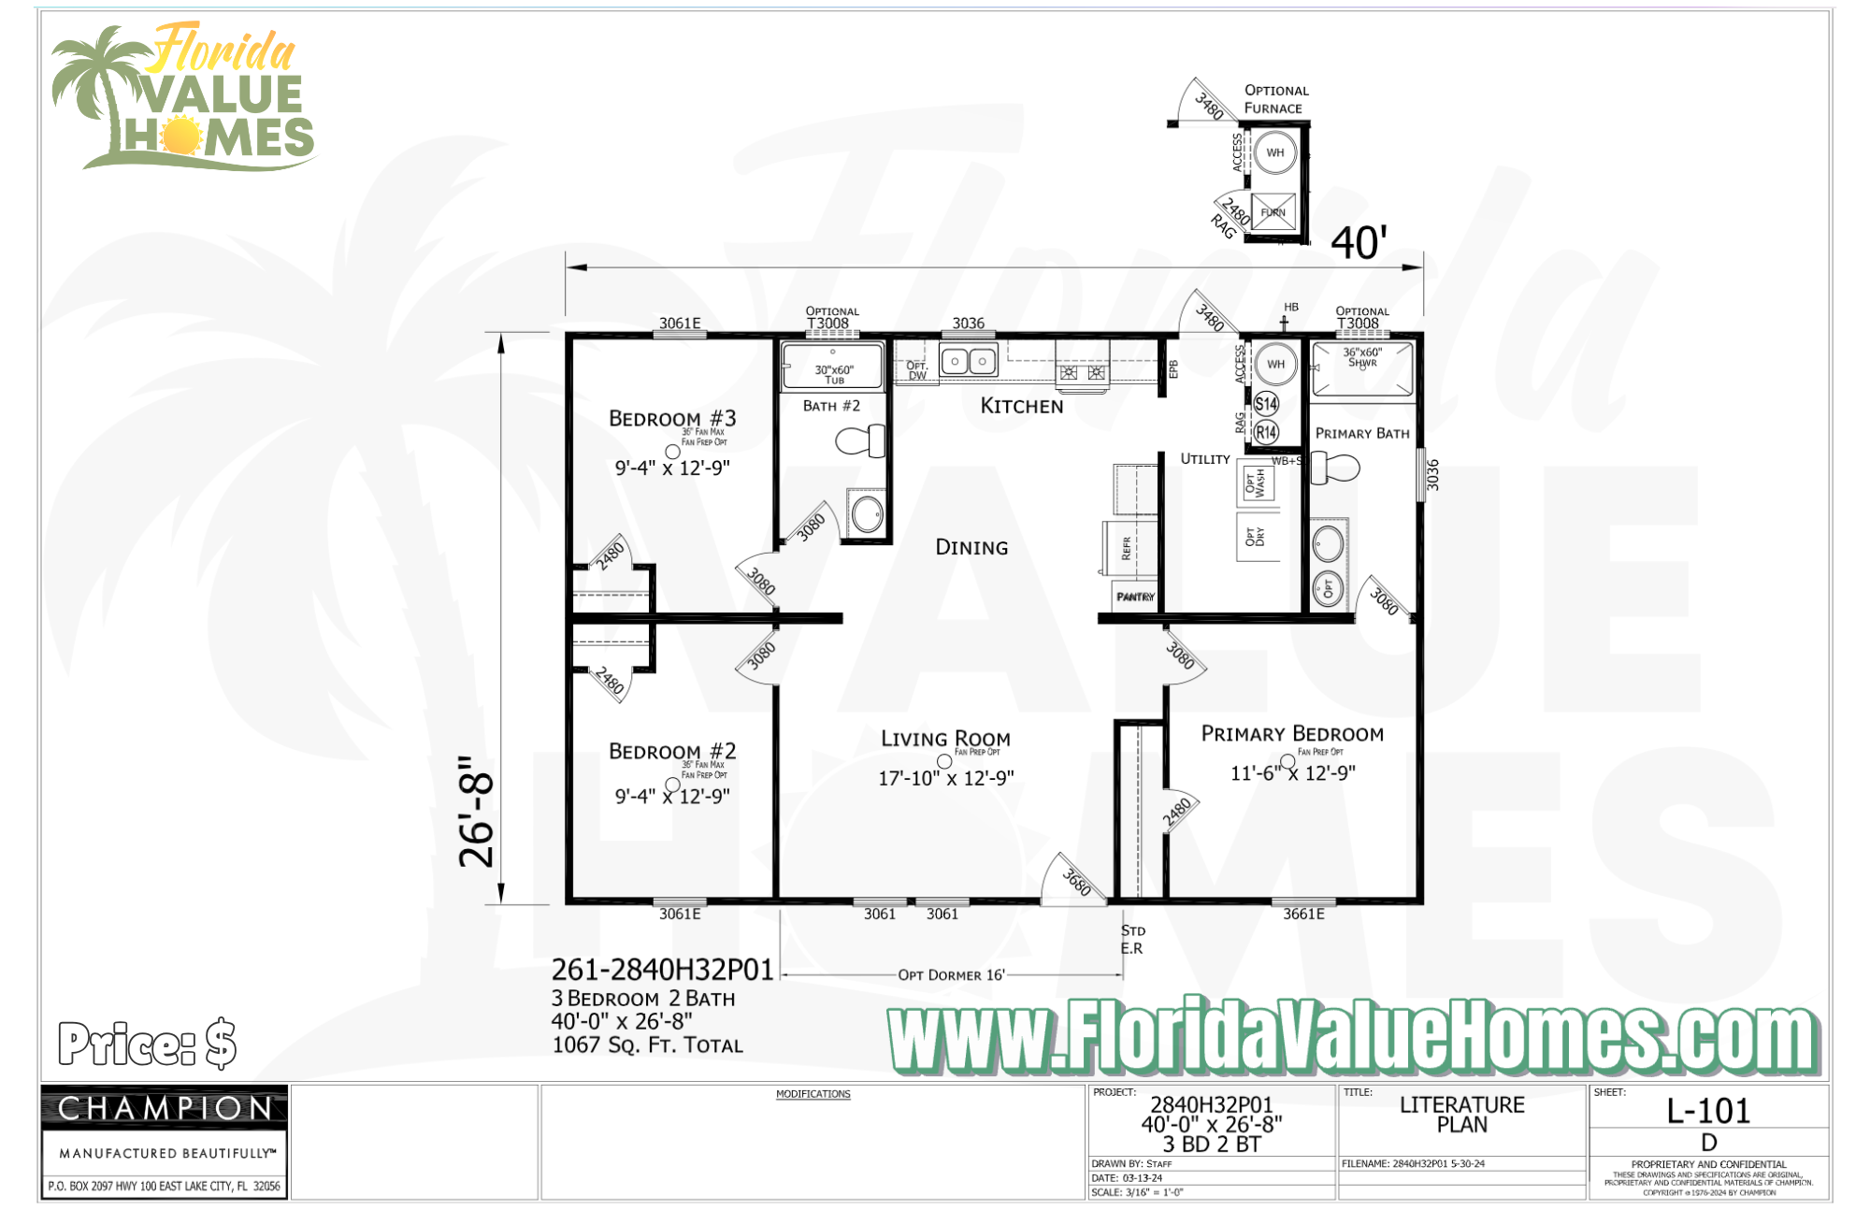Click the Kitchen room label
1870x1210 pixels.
coord(1021,406)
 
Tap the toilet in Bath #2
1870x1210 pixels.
coord(862,440)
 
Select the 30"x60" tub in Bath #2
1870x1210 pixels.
coord(832,366)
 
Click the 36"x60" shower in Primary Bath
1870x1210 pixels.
coord(1362,369)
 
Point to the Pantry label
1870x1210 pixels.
coord(1135,597)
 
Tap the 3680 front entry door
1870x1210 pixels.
coord(1075,880)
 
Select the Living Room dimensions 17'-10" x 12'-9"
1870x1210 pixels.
coord(945,778)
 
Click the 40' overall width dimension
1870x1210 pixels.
coord(1358,243)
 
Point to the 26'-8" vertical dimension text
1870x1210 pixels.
coord(477,812)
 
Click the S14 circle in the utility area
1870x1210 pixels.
coord(1266,404)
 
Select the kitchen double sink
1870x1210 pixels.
coord(969,360)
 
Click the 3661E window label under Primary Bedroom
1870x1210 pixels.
coord(1303,915)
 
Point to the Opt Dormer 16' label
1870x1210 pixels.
coord(951,975)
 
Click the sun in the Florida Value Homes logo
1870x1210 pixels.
coord(180,137)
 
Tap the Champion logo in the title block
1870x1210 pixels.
coord(165,1109)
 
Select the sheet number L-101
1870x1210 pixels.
coord(1708,1111)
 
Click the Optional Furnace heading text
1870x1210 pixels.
coord(1275,99)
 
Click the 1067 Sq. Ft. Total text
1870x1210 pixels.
coord(647,1045)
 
